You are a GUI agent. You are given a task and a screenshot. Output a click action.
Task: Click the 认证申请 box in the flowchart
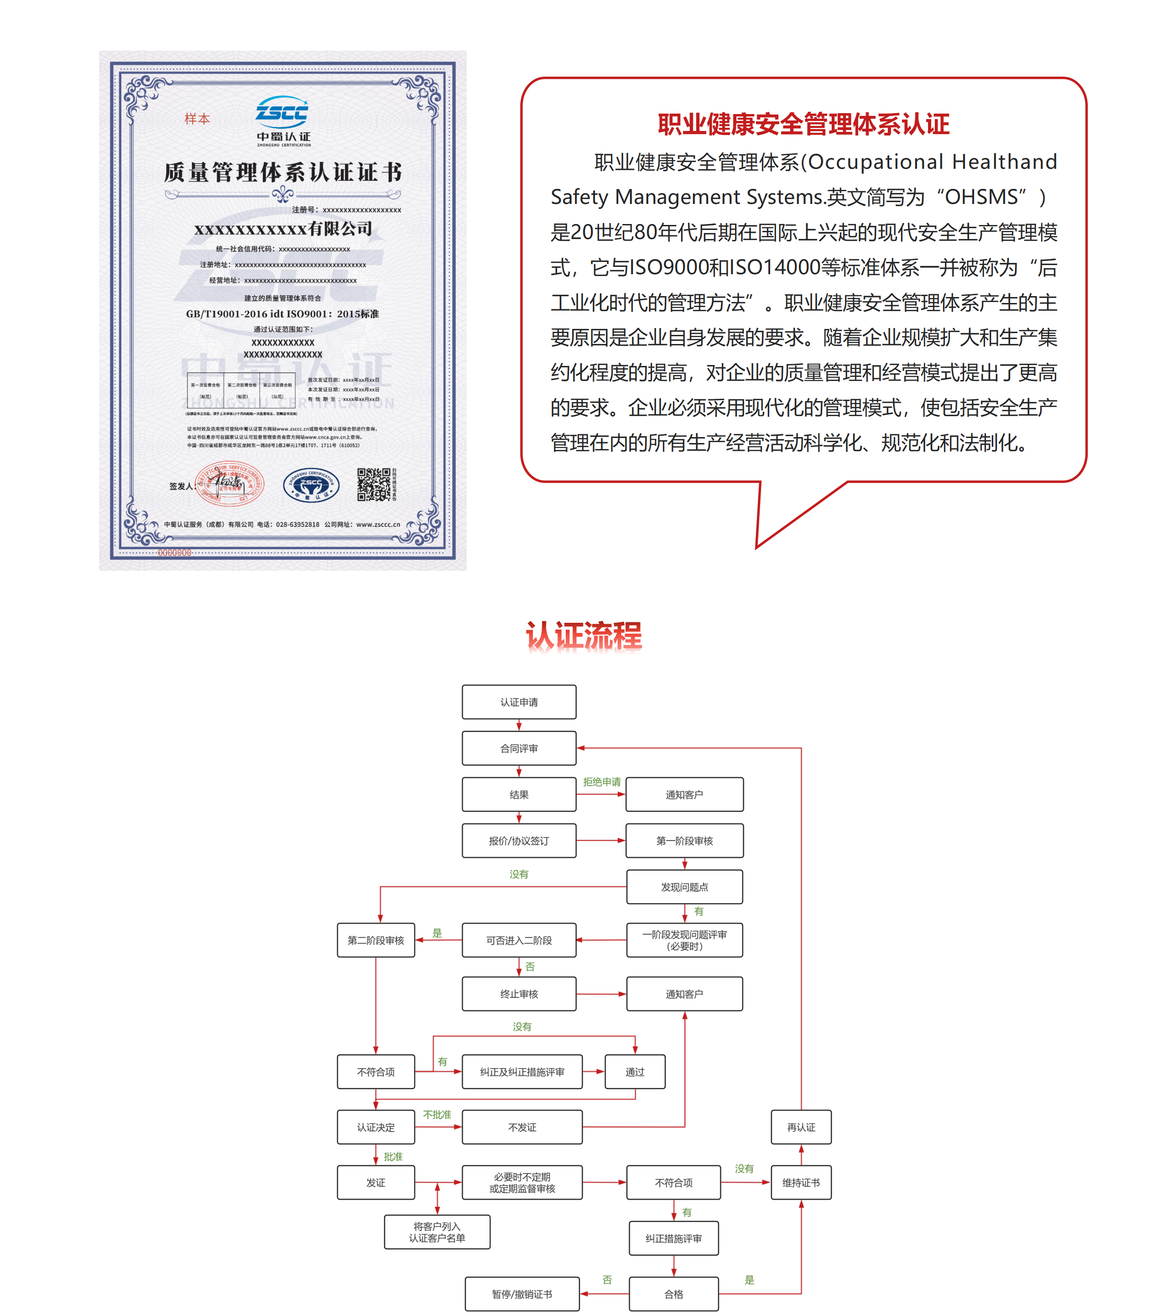point(519,702)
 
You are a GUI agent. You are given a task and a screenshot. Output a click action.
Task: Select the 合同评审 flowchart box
point(519,748)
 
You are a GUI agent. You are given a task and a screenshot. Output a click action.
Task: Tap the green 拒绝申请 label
point(602,782)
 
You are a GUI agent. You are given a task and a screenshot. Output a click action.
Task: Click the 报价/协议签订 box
point(519,841)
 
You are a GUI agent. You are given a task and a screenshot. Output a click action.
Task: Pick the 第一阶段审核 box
point(684,841)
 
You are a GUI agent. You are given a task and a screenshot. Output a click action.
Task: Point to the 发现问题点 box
point(684,887)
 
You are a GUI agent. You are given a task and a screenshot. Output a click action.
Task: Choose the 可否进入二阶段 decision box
point(519,940)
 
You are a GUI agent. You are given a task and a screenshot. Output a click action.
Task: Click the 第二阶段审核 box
point(375,940)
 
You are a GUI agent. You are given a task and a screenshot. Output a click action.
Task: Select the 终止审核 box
point(519,994)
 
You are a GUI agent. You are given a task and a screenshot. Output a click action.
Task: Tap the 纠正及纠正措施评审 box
point(522,1072)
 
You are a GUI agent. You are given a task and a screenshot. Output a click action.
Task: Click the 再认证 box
point(801,1127)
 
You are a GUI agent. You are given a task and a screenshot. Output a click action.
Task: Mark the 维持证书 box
point(801,1182)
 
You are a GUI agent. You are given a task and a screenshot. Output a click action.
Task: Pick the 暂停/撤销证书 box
point(522,1294)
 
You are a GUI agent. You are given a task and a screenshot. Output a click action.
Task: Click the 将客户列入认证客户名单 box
point(437,1232)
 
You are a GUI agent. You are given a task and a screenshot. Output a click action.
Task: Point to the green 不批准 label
point(437,1115)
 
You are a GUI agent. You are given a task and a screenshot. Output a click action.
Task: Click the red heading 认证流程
point(584,636)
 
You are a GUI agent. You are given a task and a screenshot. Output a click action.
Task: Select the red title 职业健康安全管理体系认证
point(803,124)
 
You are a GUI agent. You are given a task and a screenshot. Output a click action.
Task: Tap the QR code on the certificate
point(374,484)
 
